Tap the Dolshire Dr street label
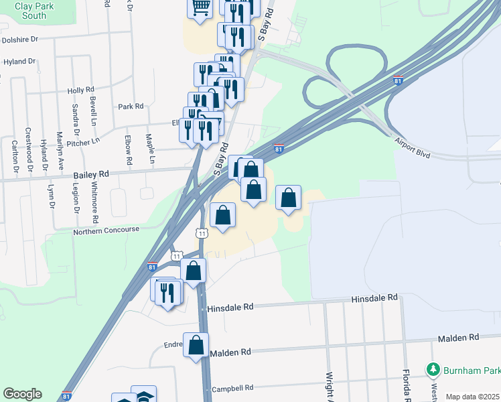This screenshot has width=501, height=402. (21, 40)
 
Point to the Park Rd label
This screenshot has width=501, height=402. (131, 106)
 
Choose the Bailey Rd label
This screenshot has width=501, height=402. (90, 174)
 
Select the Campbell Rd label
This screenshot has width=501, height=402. (232, 387)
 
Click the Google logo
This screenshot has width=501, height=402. (22, 393)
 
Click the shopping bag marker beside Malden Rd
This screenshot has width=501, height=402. (196, 346)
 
